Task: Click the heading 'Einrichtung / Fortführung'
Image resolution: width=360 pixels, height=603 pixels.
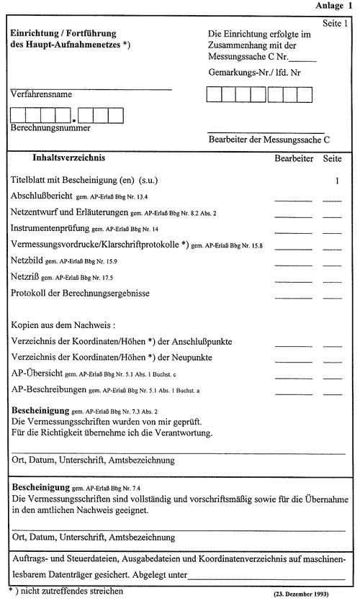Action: click(x=63, y=34)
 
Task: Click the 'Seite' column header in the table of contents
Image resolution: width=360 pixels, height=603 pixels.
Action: click(x=333, y=158)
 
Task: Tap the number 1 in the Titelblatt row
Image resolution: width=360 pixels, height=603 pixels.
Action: click(x=337, y=181)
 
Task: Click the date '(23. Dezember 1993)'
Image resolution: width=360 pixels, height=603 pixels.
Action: click(x=310, y=595)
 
